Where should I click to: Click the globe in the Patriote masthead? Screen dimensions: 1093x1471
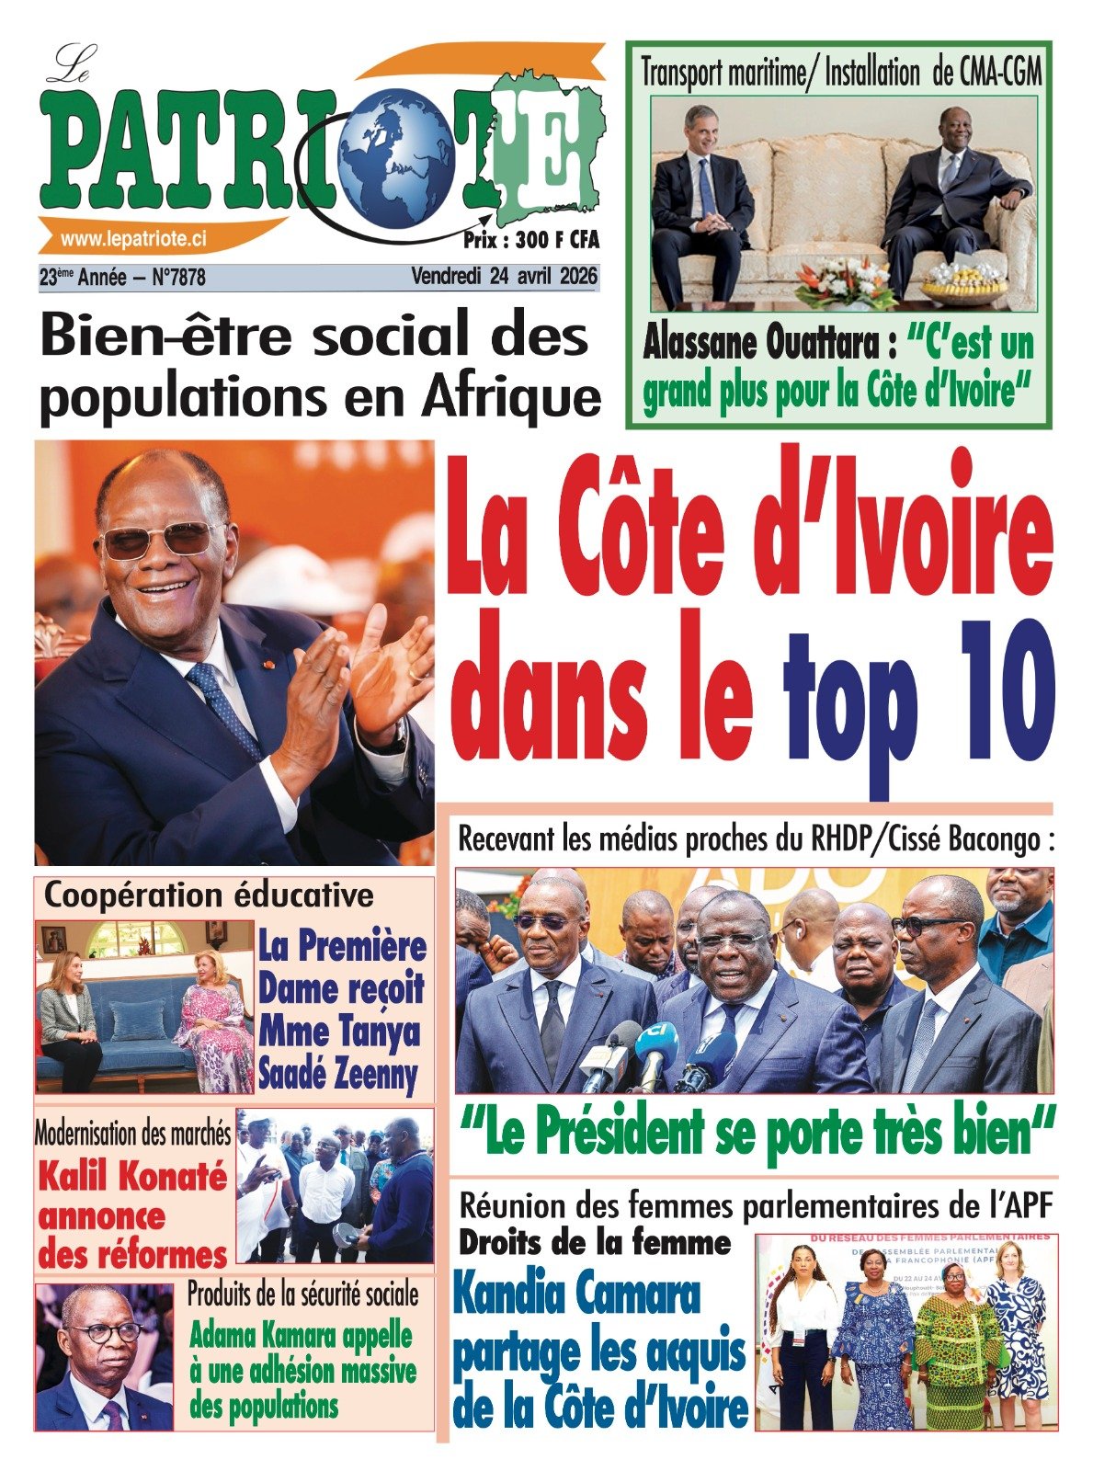pos(396,154)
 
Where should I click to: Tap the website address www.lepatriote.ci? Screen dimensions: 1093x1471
pos(133,239)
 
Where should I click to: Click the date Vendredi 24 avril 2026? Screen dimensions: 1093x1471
pos(504,276)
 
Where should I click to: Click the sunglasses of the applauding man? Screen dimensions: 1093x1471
pos(158,541)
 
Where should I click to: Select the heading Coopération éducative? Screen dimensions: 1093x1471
pos(210,895)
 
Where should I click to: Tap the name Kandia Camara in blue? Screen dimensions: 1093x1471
pos(577,1295)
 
